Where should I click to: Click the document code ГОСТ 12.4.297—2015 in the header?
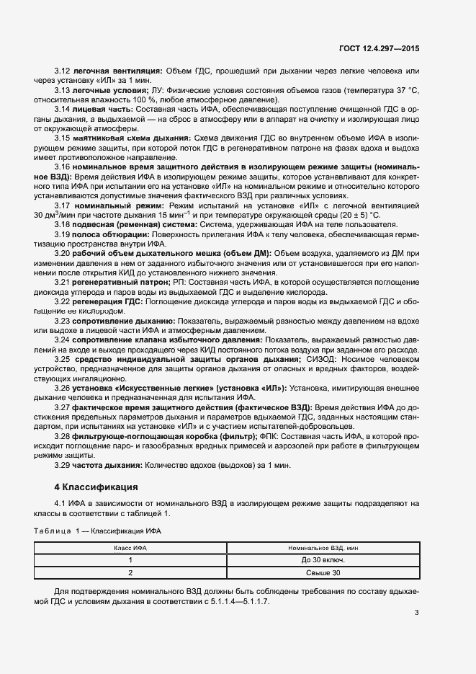pyautogui.click(x=379, y=48)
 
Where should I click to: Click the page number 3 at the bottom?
pyautogui.click(x=417, y=613)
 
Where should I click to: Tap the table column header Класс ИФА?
pyautogui.click(x=130, y=549)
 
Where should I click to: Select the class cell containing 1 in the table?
pyautogui.click(x=130, y=560)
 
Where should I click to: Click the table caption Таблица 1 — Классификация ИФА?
pyautogui.click(x=98, y=531)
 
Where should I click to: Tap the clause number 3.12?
pyautogui.click(x=61, y=71)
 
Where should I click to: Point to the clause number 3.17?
pyautogui.click(x=61, y=205)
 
